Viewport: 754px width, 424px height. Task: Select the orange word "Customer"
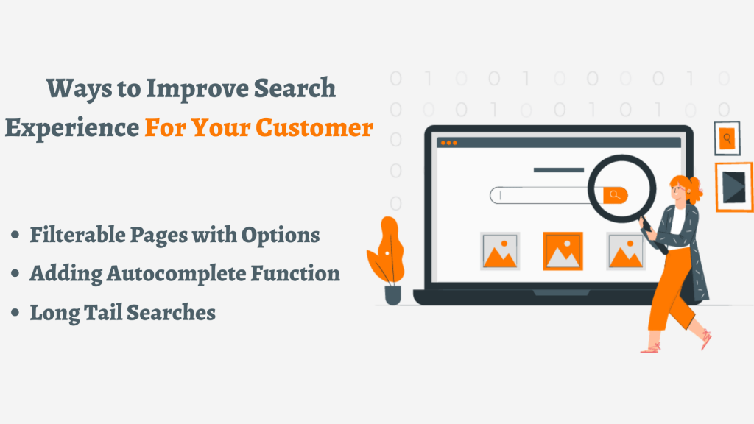click(x=314, y=127)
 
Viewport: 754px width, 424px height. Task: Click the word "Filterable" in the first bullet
click(x=77, y=235)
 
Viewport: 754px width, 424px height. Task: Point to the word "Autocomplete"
click(x=176, y=274)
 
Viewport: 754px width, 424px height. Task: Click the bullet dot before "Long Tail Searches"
click(x=15, y=312)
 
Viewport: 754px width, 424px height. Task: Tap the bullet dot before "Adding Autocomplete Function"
click(x=15, y=274)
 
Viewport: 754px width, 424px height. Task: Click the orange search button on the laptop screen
click(x=615, y=195)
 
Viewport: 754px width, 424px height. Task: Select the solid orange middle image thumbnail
click(x=563, y=251)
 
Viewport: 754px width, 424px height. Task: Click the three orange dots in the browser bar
click(x=448, y=143)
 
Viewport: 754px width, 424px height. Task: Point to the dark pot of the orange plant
click(x=393, y=295)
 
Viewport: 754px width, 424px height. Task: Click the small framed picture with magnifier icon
click(x=727, y=138)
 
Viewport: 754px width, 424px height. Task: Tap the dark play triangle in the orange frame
click(x=734, y=187)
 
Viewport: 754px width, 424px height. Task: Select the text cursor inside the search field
click(x=501, y=195)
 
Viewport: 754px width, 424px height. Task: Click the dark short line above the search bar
click(x=559, y=170)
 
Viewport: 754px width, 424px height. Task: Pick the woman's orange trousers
click(x=671, y=291)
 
